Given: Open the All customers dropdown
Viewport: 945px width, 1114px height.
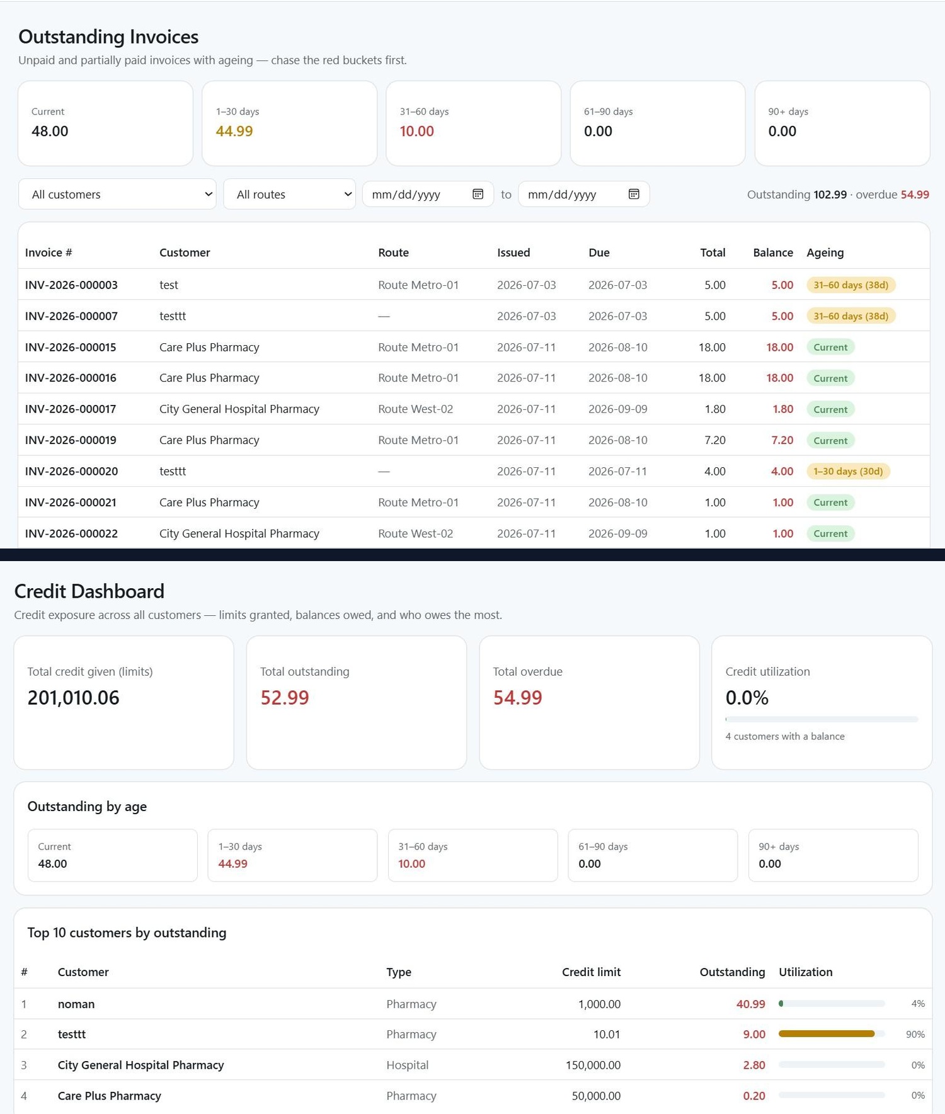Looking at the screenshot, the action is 117,194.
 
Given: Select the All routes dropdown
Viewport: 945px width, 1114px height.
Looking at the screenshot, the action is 289,194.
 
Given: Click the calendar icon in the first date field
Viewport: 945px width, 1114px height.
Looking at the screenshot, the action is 478,194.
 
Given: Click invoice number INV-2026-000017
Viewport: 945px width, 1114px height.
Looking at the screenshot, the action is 71,409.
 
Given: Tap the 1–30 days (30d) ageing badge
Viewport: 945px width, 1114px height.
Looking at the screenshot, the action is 848,471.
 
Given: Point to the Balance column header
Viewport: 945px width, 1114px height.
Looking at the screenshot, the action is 773,253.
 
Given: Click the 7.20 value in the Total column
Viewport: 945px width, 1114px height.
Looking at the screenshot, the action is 715,440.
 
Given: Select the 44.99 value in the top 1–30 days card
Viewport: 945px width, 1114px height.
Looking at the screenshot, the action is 234,131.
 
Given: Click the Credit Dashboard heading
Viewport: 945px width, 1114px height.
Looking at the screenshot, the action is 89,591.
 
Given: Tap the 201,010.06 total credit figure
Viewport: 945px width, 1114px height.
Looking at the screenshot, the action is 73,698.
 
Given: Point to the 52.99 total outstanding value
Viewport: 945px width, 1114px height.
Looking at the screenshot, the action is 285,698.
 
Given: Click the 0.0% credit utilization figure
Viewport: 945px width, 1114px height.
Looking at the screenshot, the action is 747,698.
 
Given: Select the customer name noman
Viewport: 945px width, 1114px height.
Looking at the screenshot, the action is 76,1004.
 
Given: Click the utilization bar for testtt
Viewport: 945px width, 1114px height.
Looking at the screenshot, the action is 832,1034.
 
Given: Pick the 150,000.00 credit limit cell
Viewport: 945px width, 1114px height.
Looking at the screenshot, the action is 593,1065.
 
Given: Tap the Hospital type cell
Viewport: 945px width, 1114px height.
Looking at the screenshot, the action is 407,1065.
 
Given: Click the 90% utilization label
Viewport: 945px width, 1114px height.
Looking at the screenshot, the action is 915,1034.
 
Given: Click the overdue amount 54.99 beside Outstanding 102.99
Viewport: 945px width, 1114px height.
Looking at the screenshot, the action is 915,195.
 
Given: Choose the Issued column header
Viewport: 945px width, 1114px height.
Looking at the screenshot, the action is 513,253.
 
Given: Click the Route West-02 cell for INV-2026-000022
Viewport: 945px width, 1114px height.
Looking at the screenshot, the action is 415,533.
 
